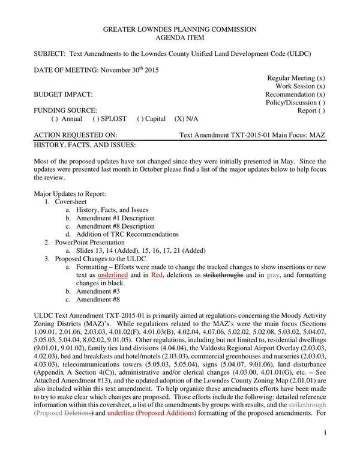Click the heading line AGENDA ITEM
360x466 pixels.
pos(180,37)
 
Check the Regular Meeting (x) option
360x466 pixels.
pos(296,78)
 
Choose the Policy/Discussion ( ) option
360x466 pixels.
pos(295,103)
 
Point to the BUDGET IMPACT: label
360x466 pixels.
pos(63,95)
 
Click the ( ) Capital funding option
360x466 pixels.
pos(152,119)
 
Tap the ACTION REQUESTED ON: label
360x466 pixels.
pos(76,136)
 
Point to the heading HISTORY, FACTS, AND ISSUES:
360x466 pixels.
pos(85,145)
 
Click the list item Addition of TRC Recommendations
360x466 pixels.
pos(127,234)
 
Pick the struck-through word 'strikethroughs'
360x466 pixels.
pos(223,274)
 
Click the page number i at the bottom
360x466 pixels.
pos(324,449)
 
